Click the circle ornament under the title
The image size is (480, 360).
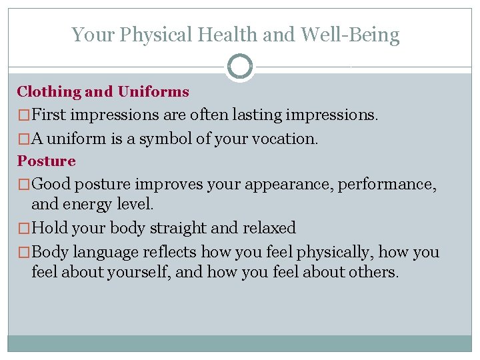[239, 67]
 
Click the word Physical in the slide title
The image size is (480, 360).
[148, 35]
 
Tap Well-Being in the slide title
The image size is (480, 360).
[350, 35]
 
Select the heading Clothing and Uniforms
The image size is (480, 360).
[103, 92]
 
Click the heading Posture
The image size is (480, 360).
[47, 161]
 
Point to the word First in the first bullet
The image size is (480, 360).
[49, 115]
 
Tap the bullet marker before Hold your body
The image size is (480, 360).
[24, 229]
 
